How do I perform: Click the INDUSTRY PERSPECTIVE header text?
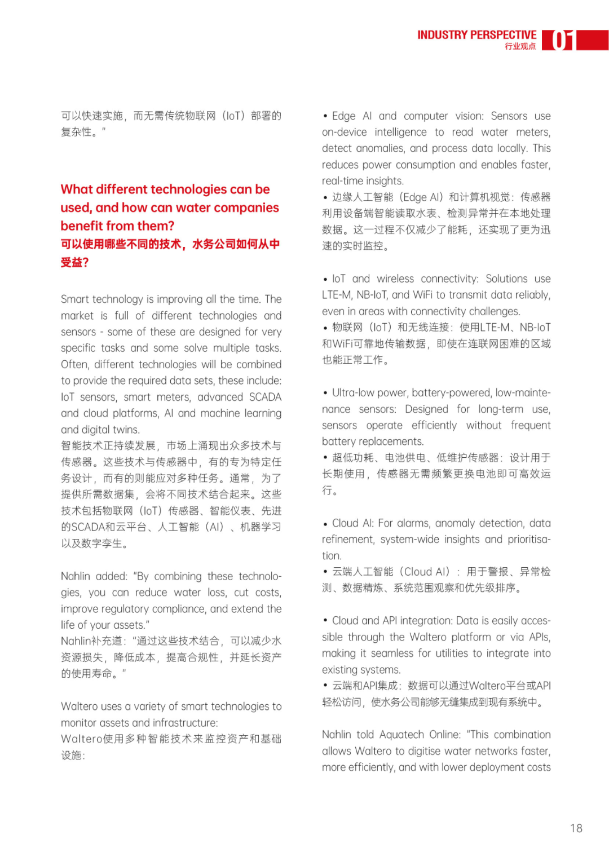point(476,35)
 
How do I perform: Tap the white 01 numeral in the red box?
point(562,41)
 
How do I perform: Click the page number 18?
point(576,828)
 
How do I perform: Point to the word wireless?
point(395,279)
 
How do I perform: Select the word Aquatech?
point(401,735)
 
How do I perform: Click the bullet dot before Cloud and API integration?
point(325,620)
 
